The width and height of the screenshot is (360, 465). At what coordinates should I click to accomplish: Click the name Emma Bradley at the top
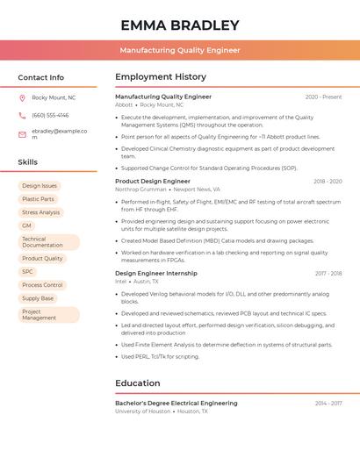[x=179, y=25]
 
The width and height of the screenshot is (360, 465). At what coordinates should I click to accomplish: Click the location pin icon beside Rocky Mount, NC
[x=22, y=97]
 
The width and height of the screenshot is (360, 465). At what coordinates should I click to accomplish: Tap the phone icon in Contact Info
[x=22, y=115]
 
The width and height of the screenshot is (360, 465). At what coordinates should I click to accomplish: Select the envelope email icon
[x=22, y=133]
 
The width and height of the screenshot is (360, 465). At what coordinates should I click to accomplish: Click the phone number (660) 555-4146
[x=50, y=115]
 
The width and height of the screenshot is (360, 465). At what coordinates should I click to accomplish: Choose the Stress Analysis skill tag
[x=40, y=212]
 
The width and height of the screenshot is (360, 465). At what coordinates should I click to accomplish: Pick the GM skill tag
[x=26, y=225]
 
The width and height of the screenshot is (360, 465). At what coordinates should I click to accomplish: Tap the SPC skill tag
[x=27, y=272]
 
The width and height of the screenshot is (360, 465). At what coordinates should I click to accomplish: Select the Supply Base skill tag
[x=38, y=298]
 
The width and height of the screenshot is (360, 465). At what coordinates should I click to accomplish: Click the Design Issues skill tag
[x=40, y=186]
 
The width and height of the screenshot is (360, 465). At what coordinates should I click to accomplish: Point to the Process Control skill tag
[x=42, y=285]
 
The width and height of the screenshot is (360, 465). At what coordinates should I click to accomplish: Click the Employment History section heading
[x=161, y=77]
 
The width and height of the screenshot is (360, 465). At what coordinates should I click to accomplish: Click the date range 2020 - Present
[x=323, y=97]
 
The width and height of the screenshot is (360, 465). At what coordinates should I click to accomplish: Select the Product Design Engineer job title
[x=153, y=181]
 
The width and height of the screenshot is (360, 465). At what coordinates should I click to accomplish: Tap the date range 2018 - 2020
[x=328, y=182]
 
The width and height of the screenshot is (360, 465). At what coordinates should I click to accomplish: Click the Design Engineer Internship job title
[x=156, y=273]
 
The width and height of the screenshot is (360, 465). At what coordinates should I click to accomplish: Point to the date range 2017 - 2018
[x=328, y=274]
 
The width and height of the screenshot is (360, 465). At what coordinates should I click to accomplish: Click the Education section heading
[x=138, y=383]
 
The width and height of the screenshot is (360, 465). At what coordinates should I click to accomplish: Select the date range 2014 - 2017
[x=328, y=404]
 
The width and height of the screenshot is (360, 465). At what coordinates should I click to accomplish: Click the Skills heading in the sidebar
[x=28, y=162]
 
